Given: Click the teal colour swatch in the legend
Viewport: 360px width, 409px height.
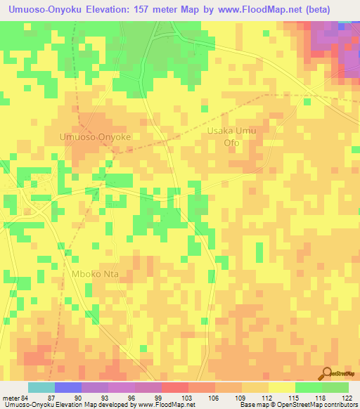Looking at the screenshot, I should (41, 387).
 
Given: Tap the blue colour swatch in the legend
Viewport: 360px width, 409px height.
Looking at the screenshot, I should (68, 387).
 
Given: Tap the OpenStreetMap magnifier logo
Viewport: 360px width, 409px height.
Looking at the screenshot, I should (327, 373).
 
